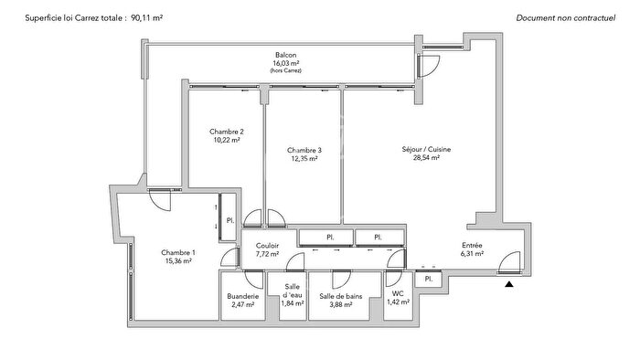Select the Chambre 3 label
click(x=304, y=150)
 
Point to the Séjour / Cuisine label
click(x=426, y=149)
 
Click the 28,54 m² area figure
click(x=426, y=158)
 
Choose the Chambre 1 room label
click(x=178, y=252)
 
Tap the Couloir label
click(x=268, y=245)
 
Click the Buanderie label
click(x=242, y=296)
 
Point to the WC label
click(x=398, y=293)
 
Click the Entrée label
click(x=472, y=245)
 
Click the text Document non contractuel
click(x=567, y=17)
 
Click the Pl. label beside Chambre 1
click(x=230, y=220)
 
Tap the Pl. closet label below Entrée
click(x=428, y=278)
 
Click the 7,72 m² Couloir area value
click(x=268, y=254)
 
